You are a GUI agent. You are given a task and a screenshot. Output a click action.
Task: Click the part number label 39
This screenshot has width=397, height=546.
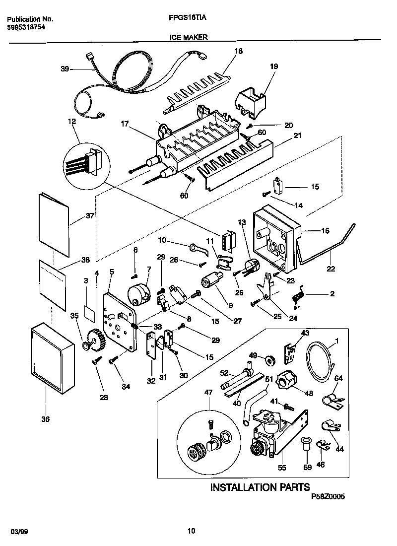(x=65, y=69)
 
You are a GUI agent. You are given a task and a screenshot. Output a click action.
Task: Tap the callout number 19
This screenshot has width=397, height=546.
(x=274, y=66)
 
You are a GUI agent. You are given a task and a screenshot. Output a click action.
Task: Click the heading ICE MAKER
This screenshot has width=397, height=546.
(x=188, y=37)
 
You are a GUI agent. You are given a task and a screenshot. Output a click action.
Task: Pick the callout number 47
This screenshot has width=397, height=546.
(x=208, y=392)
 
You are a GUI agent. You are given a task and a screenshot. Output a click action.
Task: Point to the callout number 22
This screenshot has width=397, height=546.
(x=331, y=269)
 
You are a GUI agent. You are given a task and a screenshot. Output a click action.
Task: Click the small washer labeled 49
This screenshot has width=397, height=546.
(x=271, y=359)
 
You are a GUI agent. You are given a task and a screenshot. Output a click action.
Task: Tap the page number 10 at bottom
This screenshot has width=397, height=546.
(x=191, y=531)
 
